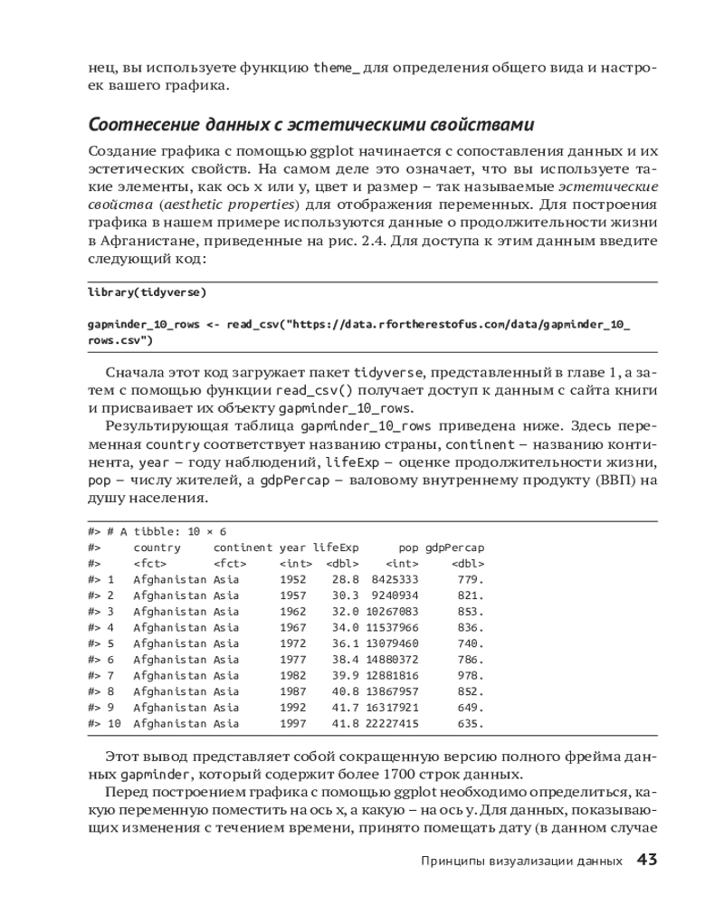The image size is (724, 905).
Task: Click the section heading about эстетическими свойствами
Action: tap(311, 123)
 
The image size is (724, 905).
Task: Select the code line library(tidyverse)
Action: tap(148, 292)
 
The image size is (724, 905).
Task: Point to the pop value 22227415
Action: tap(395, 724)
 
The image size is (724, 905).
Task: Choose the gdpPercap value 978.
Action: tap(472, 675)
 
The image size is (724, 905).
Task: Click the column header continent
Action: tap(243, 548)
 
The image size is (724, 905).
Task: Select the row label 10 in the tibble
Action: tap(114, 724)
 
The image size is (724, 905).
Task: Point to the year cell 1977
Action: tap(292, 660)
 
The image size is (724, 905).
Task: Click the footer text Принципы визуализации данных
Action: tap(522, 861)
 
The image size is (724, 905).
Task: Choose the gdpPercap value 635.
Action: tap(472, 724)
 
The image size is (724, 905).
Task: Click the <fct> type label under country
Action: tap(149, 563)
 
